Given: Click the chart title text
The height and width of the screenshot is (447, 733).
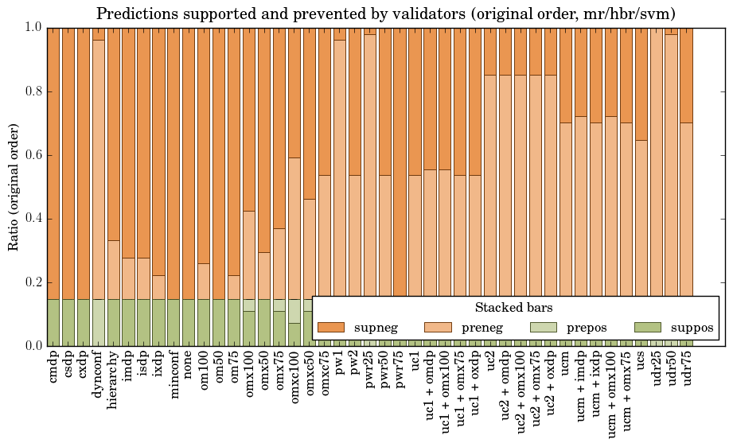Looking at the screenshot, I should pos(386,14).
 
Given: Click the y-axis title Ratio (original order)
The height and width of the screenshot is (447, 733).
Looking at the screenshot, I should pos(14,186).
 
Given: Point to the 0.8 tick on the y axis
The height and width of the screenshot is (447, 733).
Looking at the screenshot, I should pos(31,91).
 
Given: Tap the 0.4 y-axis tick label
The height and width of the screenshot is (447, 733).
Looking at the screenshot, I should pos(31,219).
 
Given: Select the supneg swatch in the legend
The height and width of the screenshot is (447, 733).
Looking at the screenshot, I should pos(330,328).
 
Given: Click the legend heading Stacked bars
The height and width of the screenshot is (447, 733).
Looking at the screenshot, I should pos(513,308).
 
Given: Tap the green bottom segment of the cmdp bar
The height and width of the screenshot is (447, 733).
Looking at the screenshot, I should pos(53,322).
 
